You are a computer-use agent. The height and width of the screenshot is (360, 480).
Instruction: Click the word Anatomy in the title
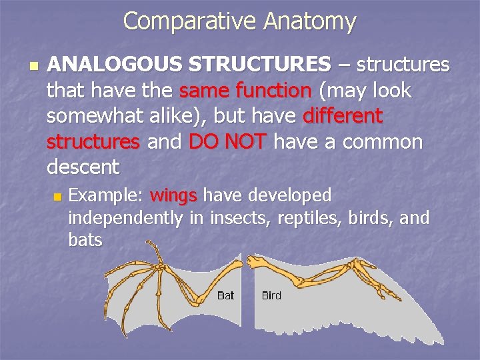(x=310, y=21)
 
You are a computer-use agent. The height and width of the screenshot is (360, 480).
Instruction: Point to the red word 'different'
(x=343, y=116)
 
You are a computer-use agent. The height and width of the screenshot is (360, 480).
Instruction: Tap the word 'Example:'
(x=106, y=195)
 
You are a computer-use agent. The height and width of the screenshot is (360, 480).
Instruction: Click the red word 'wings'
(x=173, y=195)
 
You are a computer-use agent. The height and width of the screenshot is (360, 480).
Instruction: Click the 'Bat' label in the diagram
(x=225, y=295)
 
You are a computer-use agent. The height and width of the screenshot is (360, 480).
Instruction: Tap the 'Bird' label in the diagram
(x=271, y=295)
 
